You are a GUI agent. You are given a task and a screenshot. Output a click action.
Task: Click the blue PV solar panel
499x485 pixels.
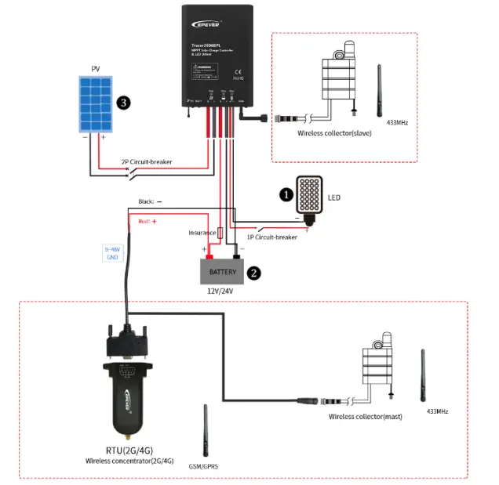coord(96,103)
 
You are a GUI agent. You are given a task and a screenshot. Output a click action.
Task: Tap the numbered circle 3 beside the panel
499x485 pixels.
coord(122,103)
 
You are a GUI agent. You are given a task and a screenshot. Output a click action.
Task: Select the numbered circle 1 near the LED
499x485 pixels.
coord(287,192)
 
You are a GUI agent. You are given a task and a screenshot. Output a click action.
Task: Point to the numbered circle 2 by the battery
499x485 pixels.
coord(253,273)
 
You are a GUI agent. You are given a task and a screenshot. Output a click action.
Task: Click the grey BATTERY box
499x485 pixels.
coord(222,271)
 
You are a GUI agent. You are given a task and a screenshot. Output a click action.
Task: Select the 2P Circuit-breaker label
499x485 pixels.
coord(146,162)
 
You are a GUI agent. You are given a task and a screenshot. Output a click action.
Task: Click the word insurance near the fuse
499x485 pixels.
coord(202,233)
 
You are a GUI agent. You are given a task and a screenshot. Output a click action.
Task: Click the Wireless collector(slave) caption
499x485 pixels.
coord(334,133)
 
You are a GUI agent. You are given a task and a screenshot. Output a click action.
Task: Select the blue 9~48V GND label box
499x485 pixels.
coord(114,252)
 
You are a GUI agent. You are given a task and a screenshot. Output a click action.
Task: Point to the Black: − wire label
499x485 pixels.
coord(150,201)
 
